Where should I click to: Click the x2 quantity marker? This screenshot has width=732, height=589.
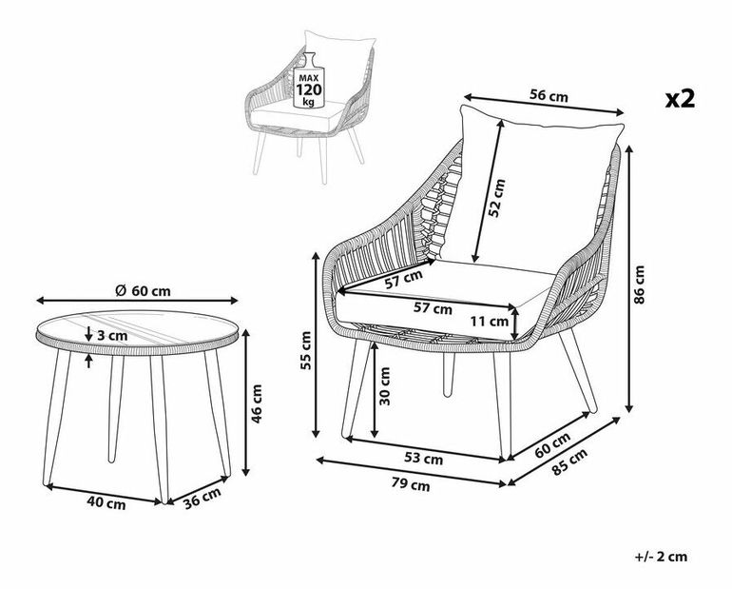click(682, 99)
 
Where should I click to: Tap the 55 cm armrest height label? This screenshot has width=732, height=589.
click(306, 350)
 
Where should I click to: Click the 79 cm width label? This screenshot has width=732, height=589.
click(410, 485)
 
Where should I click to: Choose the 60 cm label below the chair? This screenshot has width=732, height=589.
click(552, 444)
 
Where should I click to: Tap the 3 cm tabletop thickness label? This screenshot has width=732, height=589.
click(110, 335)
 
